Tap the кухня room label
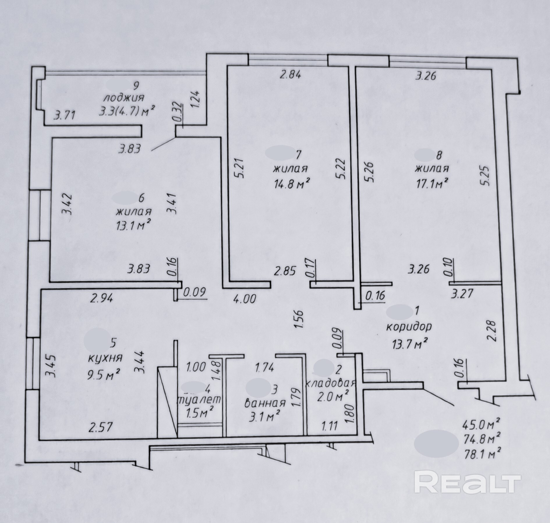click(x=105, y=358)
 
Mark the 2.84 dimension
click(x=290, y=75)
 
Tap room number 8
click(x=439, y=155)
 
